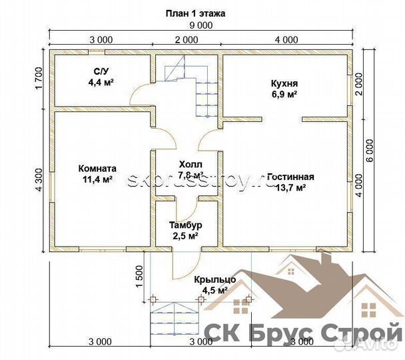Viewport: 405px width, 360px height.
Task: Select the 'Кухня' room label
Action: pos(284,84)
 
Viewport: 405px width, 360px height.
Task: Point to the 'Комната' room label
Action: pos(98,169)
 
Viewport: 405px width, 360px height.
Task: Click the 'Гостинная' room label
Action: pos(290,177)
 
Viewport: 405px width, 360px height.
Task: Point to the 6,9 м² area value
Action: pos(284,95)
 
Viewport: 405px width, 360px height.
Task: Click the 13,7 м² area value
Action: pos(290,188)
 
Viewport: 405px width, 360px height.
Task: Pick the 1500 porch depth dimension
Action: pos(139,275)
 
